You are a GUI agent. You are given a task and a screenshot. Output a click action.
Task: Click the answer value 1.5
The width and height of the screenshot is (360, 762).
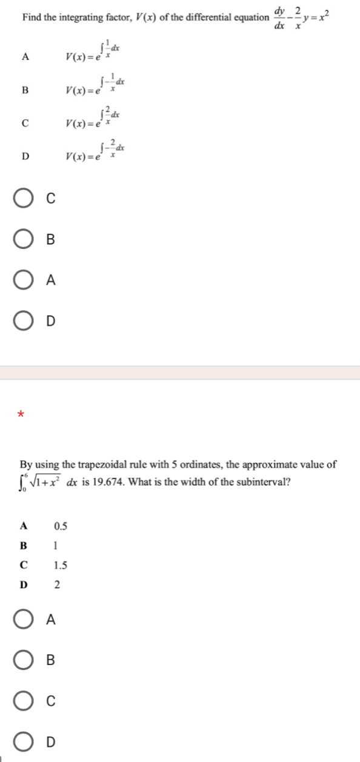click(x=60, y=566)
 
